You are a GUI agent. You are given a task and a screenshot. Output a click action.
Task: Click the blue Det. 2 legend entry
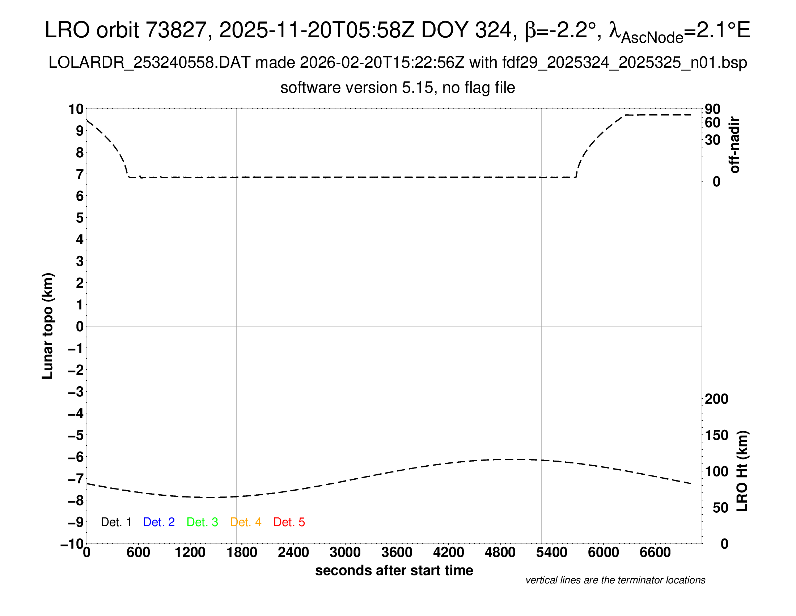click(x=159, y=522)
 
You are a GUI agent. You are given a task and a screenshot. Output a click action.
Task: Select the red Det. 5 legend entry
click(x=289, y=522)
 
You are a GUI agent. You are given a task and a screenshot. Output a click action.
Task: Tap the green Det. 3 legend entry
click(x=202, y=522)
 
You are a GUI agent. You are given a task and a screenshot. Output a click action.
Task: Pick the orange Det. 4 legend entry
click(x=246, y=522)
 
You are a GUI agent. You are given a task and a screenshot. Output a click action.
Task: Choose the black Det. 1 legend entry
click(x=116, y=522)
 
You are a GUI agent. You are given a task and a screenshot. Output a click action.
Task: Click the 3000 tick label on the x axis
click(x=345, y=553)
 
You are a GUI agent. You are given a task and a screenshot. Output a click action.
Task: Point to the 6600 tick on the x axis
click(x=655, y=553)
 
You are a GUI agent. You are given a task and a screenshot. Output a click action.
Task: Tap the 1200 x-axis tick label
click(x=190, y=553)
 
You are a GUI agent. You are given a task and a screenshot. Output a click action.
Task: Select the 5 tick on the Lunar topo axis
click(x=80, y=218)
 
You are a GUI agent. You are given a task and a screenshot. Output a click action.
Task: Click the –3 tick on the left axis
click(x=76, y=392)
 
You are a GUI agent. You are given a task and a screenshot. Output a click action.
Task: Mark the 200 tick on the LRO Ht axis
click(x=716, y=399)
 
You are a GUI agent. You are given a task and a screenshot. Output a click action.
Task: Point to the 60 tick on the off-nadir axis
click(x=712, y=122)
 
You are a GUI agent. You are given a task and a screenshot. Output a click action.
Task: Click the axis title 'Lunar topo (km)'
click(x=48, y=326)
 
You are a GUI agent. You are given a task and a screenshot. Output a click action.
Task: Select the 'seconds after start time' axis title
click(x=394, y=570)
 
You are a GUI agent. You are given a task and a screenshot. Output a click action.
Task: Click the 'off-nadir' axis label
click(x=734, y=145)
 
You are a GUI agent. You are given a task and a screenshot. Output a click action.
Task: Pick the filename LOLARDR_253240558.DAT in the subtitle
click(x=149, y=63)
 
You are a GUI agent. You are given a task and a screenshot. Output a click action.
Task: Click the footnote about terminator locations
click(x=615, y=580)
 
